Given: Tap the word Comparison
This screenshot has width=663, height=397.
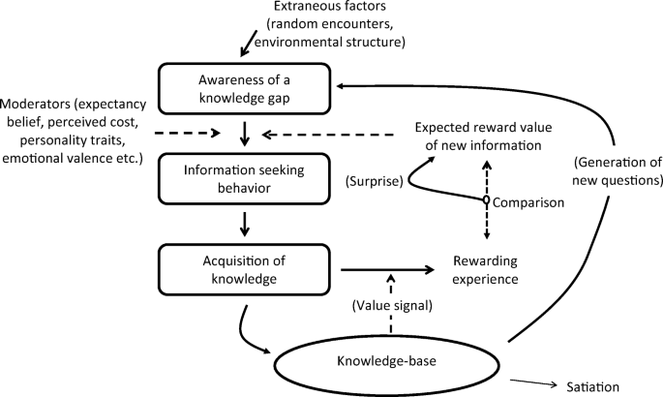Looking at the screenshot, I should tap(528, 201).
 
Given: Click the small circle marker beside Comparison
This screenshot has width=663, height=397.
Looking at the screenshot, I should tap(486, 201).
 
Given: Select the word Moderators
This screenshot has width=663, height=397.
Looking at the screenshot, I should tap(36, 103).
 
